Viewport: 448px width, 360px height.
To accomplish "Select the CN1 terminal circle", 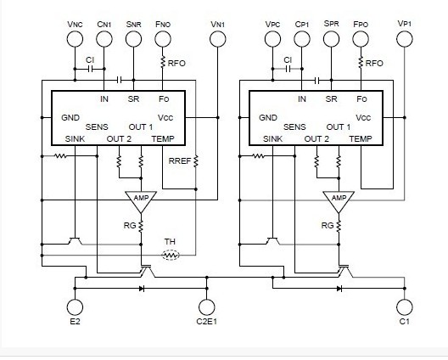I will [x=104, y=39].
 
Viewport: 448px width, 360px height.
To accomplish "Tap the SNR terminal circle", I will [x=134, y=39].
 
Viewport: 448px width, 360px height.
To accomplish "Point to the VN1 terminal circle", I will [x=218, y=39].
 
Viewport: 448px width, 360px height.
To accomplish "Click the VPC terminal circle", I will [x=272, y=39].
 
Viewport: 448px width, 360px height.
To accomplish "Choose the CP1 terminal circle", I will [x=301, y=39].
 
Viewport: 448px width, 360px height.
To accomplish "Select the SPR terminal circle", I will [x=331, y=39].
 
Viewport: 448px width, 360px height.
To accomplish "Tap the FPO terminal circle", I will [x=360, y=39].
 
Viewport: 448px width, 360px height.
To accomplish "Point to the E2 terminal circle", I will [x=74, y=307].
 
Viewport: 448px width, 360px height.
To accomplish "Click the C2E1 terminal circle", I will [x=204, y=307].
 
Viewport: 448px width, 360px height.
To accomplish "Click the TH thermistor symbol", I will [x=171, y=254].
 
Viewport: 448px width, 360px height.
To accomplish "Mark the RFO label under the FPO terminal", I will [x=374, y=62].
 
